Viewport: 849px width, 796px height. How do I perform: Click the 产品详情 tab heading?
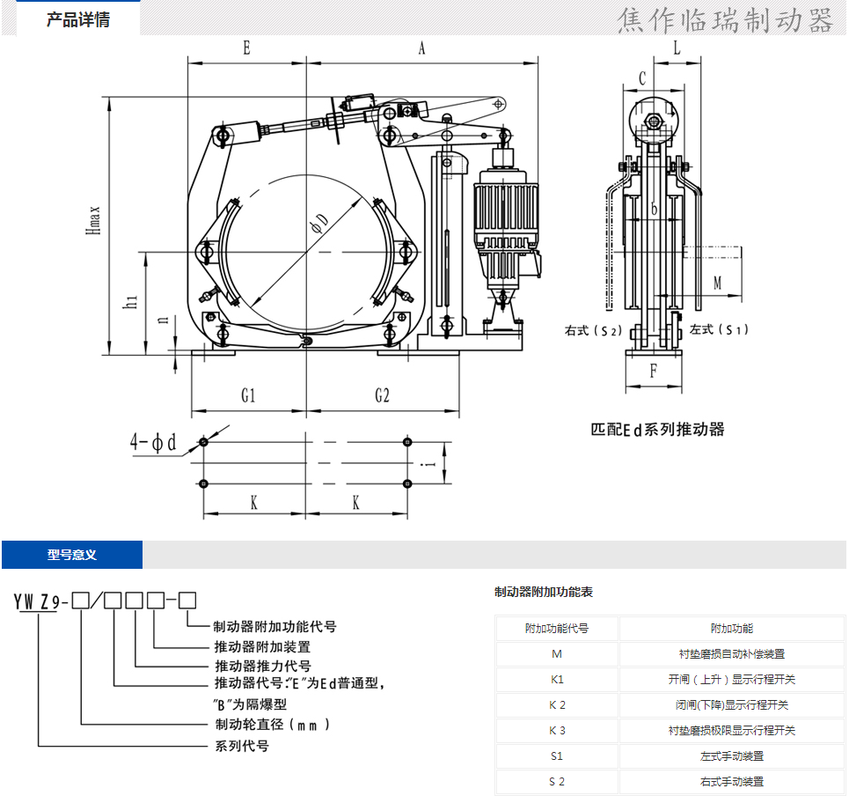coord(78,19)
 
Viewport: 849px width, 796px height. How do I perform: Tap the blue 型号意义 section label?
coord(72,555)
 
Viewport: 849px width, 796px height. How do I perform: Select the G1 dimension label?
coord(248,396)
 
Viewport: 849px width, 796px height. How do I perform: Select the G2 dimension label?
coord(382,396)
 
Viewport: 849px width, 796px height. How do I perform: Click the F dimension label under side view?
coord(653,371)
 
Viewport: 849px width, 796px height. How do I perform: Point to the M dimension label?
coord(717,284)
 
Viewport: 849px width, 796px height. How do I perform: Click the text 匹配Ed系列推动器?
coord(657,430)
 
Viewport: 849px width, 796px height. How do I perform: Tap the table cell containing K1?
coord(557,679)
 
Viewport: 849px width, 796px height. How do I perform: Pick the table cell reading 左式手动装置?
coord(732,755)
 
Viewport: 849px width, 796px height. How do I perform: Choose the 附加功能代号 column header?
coord(557,629)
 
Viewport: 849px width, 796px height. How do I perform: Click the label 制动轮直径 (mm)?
coord(273,726)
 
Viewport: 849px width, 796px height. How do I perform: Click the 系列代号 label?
coord(242,746)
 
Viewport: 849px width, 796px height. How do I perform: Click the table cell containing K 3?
coord(557,730)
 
